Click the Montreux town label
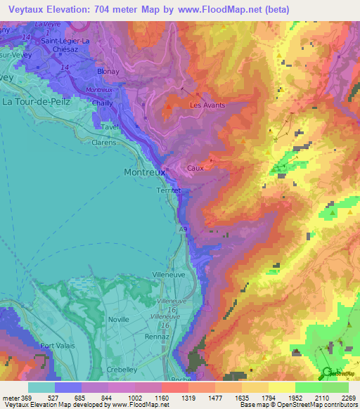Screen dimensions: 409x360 [x=145, y=171]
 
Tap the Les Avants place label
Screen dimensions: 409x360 [x=208, y=105]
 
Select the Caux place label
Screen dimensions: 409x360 [x=195, y=169]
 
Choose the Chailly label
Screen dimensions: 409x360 [x=104, y=103]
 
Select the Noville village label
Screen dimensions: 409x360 [x=119, y=319]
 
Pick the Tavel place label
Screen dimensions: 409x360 [x=109, y=128]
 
